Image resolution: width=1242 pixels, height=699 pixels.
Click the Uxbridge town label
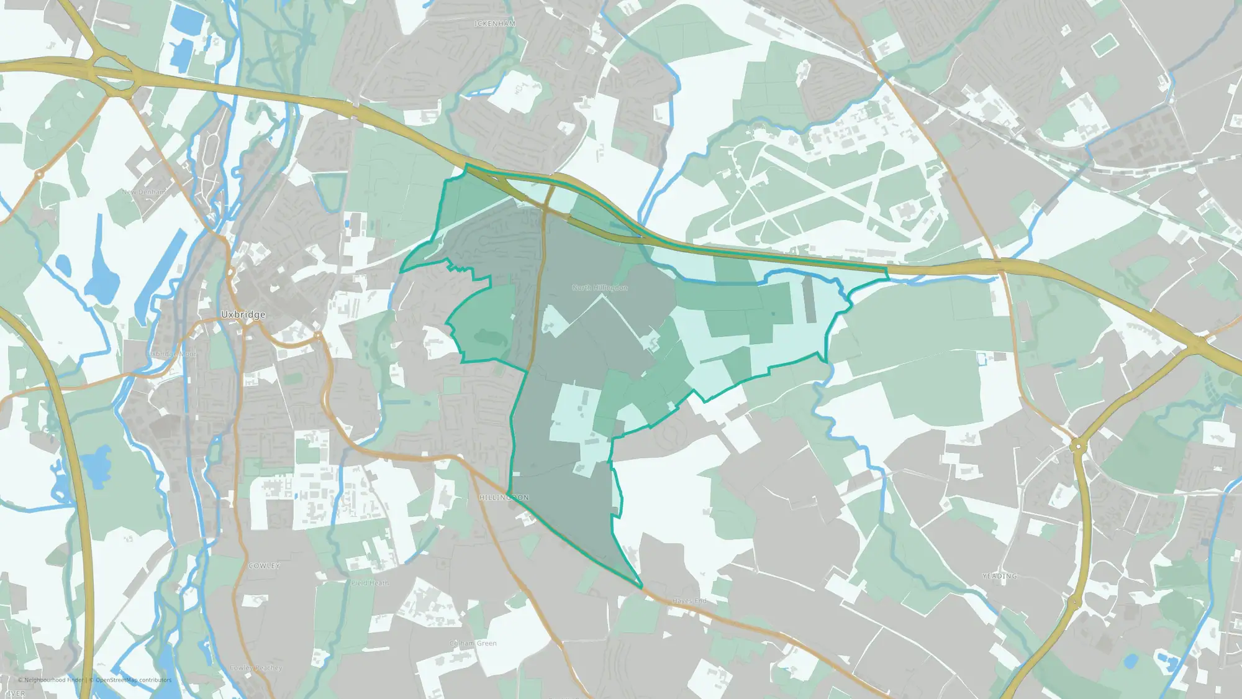point(243,315)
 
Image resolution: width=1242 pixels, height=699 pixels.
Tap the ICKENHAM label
point(495,24)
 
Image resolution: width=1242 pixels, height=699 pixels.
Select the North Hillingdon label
point(600,288)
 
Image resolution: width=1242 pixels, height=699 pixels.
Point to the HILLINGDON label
point(504,498)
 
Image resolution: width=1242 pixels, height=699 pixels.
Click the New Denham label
point(145,192)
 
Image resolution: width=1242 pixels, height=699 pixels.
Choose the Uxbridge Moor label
point(172,354)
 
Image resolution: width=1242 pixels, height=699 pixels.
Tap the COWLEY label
point(265,566)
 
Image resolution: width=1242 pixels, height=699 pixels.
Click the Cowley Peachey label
point(256,668)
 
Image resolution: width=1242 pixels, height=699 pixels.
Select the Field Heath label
point(370,583)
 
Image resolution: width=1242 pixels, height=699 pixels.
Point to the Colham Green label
point(473,643)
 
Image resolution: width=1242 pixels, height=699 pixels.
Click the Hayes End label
point(690,601)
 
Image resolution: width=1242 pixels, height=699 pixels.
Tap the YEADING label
point(1000,576)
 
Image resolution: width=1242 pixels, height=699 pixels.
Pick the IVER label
point(16,693)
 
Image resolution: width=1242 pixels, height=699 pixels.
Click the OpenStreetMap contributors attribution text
point(134,680)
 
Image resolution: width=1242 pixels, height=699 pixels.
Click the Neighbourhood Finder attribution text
point(53,680)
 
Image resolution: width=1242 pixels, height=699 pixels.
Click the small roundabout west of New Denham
point(39,176)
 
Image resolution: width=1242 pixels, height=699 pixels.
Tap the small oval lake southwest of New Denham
point(63,265)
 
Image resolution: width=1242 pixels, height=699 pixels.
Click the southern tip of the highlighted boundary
point(641,587)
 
